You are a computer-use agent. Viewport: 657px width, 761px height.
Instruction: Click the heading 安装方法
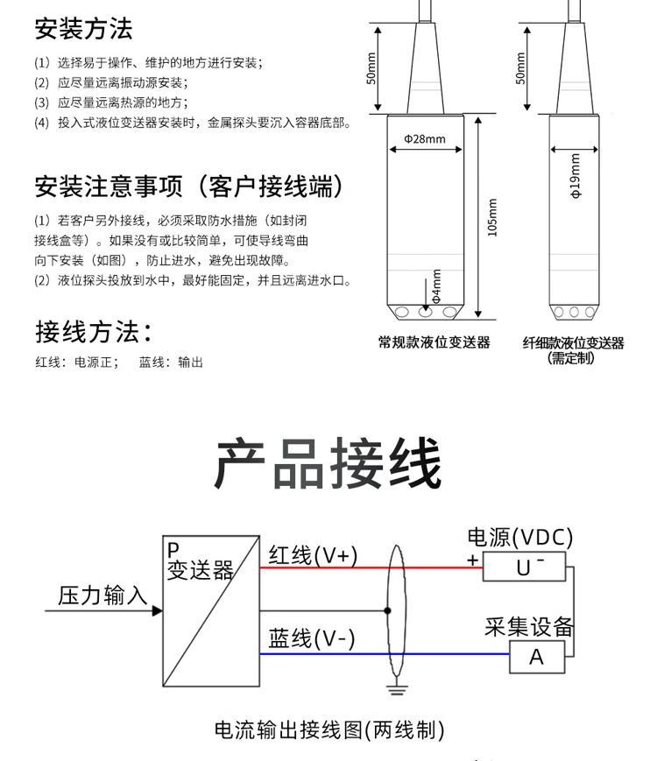click(x=83, y=28)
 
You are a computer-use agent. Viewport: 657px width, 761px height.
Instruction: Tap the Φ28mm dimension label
click(x=425, y=139)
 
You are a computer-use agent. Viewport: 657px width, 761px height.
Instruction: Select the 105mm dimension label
click(x=492, y=217)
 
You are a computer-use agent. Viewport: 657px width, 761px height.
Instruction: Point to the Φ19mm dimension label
click(x=576, y=176)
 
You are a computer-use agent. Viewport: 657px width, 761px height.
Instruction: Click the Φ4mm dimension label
click(x=436, y=286)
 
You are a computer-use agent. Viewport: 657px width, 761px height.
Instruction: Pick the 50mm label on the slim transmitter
click(x=520, y=68)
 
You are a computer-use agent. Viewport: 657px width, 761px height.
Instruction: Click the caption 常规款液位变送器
click(x=434, y=342)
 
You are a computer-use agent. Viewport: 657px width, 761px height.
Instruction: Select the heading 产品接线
click(x=328, y=463)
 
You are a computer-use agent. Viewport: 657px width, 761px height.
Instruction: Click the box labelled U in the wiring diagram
click(x=524, y=567)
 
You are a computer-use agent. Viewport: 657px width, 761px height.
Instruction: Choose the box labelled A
click(x=537, y=657)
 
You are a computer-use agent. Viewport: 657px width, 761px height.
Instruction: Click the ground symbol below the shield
click(x=396, y=690)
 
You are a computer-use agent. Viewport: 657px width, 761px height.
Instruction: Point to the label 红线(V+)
click(x=313, y=555)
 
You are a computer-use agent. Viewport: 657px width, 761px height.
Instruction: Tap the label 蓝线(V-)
click(x=311, y=638)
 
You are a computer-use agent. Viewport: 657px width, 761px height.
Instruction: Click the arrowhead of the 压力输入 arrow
click(x=158, y=610)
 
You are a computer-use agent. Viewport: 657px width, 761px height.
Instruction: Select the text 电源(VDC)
click(x=520, y=538)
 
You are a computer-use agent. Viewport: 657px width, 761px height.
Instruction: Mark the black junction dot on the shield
click(x=387, y=610)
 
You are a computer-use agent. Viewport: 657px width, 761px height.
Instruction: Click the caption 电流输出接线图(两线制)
click(x=329, y=730)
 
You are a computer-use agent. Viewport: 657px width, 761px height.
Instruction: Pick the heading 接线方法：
click(x=93, y=332)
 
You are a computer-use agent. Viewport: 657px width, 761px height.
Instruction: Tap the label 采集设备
click(x=529, y=626)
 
